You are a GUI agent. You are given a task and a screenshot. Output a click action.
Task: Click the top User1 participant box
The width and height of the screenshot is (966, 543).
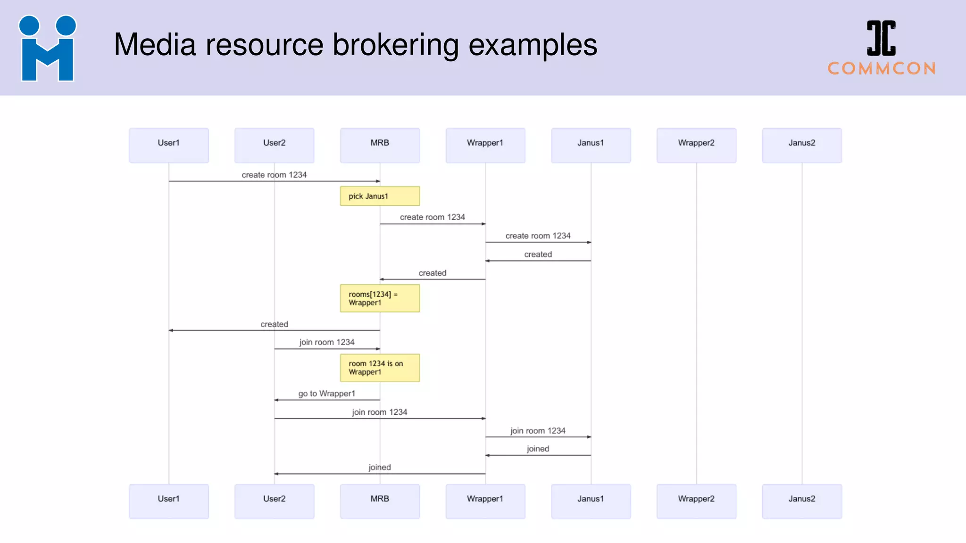(x=169, y=145)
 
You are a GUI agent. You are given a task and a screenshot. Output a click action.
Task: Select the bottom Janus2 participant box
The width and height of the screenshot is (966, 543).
(x=802, y=501)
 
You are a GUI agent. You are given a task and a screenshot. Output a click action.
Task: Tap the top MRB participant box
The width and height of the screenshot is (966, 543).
(x=380, y=145)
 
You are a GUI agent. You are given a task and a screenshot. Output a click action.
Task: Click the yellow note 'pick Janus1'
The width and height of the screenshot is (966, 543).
(x=380, y=196)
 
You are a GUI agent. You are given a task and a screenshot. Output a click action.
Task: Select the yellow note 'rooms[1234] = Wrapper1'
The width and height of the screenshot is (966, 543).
(x=380, y=298)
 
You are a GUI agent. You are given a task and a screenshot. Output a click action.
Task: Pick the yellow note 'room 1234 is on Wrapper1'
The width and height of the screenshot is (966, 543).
(x=380, y=368)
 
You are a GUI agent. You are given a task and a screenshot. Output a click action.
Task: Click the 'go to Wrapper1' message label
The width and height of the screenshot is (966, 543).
(x=326, y=394)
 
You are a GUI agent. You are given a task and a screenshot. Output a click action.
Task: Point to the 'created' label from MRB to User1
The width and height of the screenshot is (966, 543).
(x=274, y=324)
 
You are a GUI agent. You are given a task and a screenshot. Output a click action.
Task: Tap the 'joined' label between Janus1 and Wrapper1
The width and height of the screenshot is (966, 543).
(x=538, y=449)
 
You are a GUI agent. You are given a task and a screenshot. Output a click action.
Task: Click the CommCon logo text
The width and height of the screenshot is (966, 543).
(x=882, y=68)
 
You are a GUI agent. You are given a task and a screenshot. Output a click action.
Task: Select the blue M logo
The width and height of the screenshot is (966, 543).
(x=47, y=49)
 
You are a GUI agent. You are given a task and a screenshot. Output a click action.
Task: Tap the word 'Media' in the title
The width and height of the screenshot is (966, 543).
(x=155, y=45)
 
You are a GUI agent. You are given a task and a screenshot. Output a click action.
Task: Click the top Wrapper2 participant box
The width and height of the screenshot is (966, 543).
(x=696, y=145)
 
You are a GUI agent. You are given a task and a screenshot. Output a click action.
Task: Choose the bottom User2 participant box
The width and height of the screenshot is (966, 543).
(x=274, y=501)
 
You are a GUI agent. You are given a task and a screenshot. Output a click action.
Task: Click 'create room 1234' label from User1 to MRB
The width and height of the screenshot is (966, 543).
(x=274, y=175)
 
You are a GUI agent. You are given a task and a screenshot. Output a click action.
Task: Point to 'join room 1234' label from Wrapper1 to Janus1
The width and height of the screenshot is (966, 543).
(x=538, y=431)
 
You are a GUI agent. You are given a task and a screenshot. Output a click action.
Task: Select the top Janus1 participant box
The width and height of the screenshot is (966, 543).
(x=591, y=145)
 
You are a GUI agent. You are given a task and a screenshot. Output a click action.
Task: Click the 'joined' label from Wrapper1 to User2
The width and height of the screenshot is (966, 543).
(x=380, y=467)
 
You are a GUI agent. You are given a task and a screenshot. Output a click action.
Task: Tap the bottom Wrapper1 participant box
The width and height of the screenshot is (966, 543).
(x=485, y=501)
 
